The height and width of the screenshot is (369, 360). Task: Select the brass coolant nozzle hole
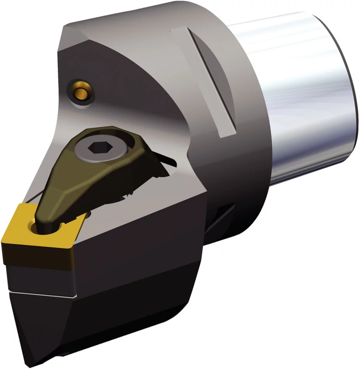[81, 92]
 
